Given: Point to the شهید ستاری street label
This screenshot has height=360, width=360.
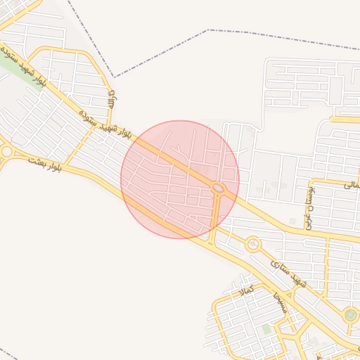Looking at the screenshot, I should coord(289,273).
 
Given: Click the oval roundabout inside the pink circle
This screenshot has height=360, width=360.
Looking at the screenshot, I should coord(219,188).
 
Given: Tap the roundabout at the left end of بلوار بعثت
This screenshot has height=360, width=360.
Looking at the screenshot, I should coord(6,151).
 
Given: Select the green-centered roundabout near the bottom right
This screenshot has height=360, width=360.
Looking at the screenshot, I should coord(350,315).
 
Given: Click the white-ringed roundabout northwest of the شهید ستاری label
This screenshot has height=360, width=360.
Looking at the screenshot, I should coord(252,245).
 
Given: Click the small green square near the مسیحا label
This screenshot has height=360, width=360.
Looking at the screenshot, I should coord(266,328).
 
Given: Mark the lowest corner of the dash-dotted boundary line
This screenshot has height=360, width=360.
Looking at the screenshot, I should coord(114,77).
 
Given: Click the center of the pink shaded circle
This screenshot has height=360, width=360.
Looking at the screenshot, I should coord(180,179).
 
